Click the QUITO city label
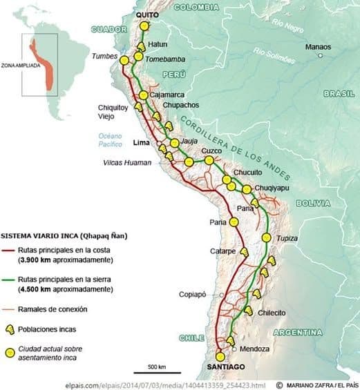click(x=147, y=14)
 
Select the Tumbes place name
click(x=106, y=56)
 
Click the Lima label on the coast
click(x=141, y=143)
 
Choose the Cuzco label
click(x=211, y=150)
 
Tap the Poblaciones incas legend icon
click(x=10, y=330)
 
